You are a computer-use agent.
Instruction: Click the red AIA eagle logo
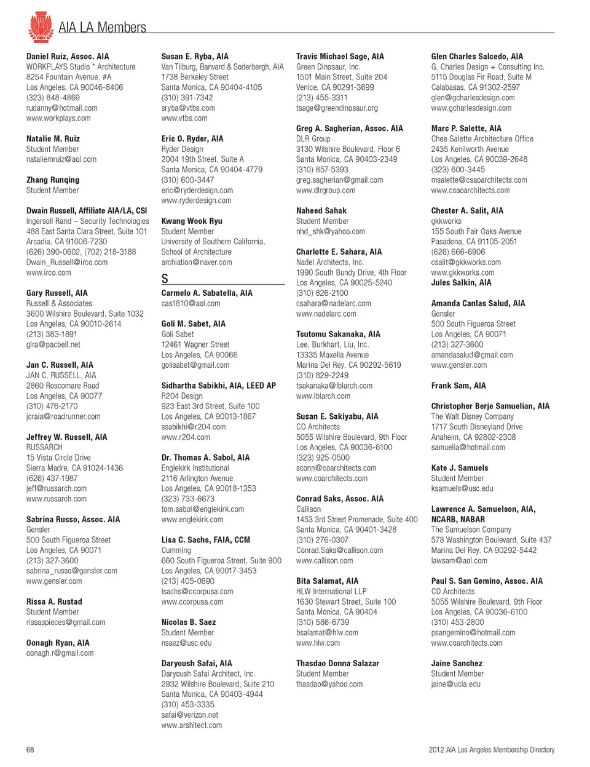click(x=41, y=27)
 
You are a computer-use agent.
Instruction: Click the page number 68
click(x=30, y=750)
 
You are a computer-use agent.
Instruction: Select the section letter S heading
click(x=165, y=279)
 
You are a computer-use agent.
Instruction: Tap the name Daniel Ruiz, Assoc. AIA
click(x=68, y=57)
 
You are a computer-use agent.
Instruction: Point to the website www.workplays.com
click(x=58, y=118)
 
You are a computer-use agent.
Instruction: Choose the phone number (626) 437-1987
click(x=52, y=478)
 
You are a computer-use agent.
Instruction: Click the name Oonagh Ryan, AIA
click(x=58, y=643)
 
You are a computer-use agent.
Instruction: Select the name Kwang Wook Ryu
click(x=192, y=221)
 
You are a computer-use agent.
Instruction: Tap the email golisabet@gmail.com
click(x=195, y=365)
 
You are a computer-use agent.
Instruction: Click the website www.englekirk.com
click(x=192, y=520)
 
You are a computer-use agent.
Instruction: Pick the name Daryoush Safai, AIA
click(x=197, y=663)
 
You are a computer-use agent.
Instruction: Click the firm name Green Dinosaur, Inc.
click(x=328, y=67)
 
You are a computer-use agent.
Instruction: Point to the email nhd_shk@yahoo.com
click(x=331, y=231)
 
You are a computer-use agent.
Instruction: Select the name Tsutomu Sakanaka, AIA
click(x=338, y=334)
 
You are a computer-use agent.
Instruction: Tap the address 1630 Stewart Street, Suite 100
click(x=346, y=602)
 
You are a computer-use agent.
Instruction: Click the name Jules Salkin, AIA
click(x=461, y=283)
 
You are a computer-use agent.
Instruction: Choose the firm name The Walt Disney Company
click(x=473, y=416)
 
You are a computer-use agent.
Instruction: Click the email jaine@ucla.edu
click(x=456, y=684)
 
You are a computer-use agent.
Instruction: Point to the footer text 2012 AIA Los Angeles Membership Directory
click(x=492, y=750)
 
